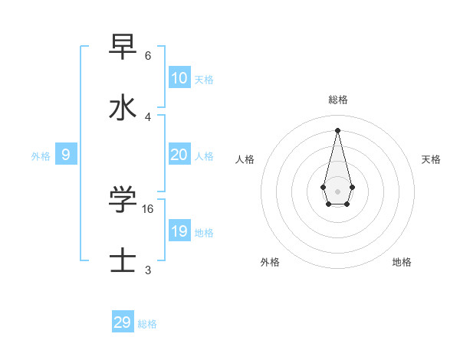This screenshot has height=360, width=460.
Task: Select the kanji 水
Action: [123, 108]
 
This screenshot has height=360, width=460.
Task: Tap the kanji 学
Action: [123, 200]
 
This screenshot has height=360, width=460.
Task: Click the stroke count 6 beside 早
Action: [148, 56]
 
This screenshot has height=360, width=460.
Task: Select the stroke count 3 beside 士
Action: [148, 270]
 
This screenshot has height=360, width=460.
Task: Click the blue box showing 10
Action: [179, 78]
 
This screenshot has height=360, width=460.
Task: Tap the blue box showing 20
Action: [179, 155]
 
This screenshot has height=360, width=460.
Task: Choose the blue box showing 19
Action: [179, 231]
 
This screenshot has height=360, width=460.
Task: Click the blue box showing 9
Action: [66, 155]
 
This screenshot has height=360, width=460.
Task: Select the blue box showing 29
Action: [123, 322]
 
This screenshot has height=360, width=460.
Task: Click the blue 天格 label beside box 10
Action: [204, 80]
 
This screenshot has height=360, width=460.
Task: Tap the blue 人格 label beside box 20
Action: [204, 156]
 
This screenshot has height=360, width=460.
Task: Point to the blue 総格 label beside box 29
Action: [147, 324]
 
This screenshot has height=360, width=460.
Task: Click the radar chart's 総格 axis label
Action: [337, 100]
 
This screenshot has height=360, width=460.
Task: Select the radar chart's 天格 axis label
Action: [431, 159]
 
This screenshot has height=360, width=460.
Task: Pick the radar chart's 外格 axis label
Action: [270, 262]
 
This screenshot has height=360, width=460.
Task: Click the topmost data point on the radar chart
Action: [337, 129]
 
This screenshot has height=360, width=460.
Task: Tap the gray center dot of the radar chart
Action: [337, 191]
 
